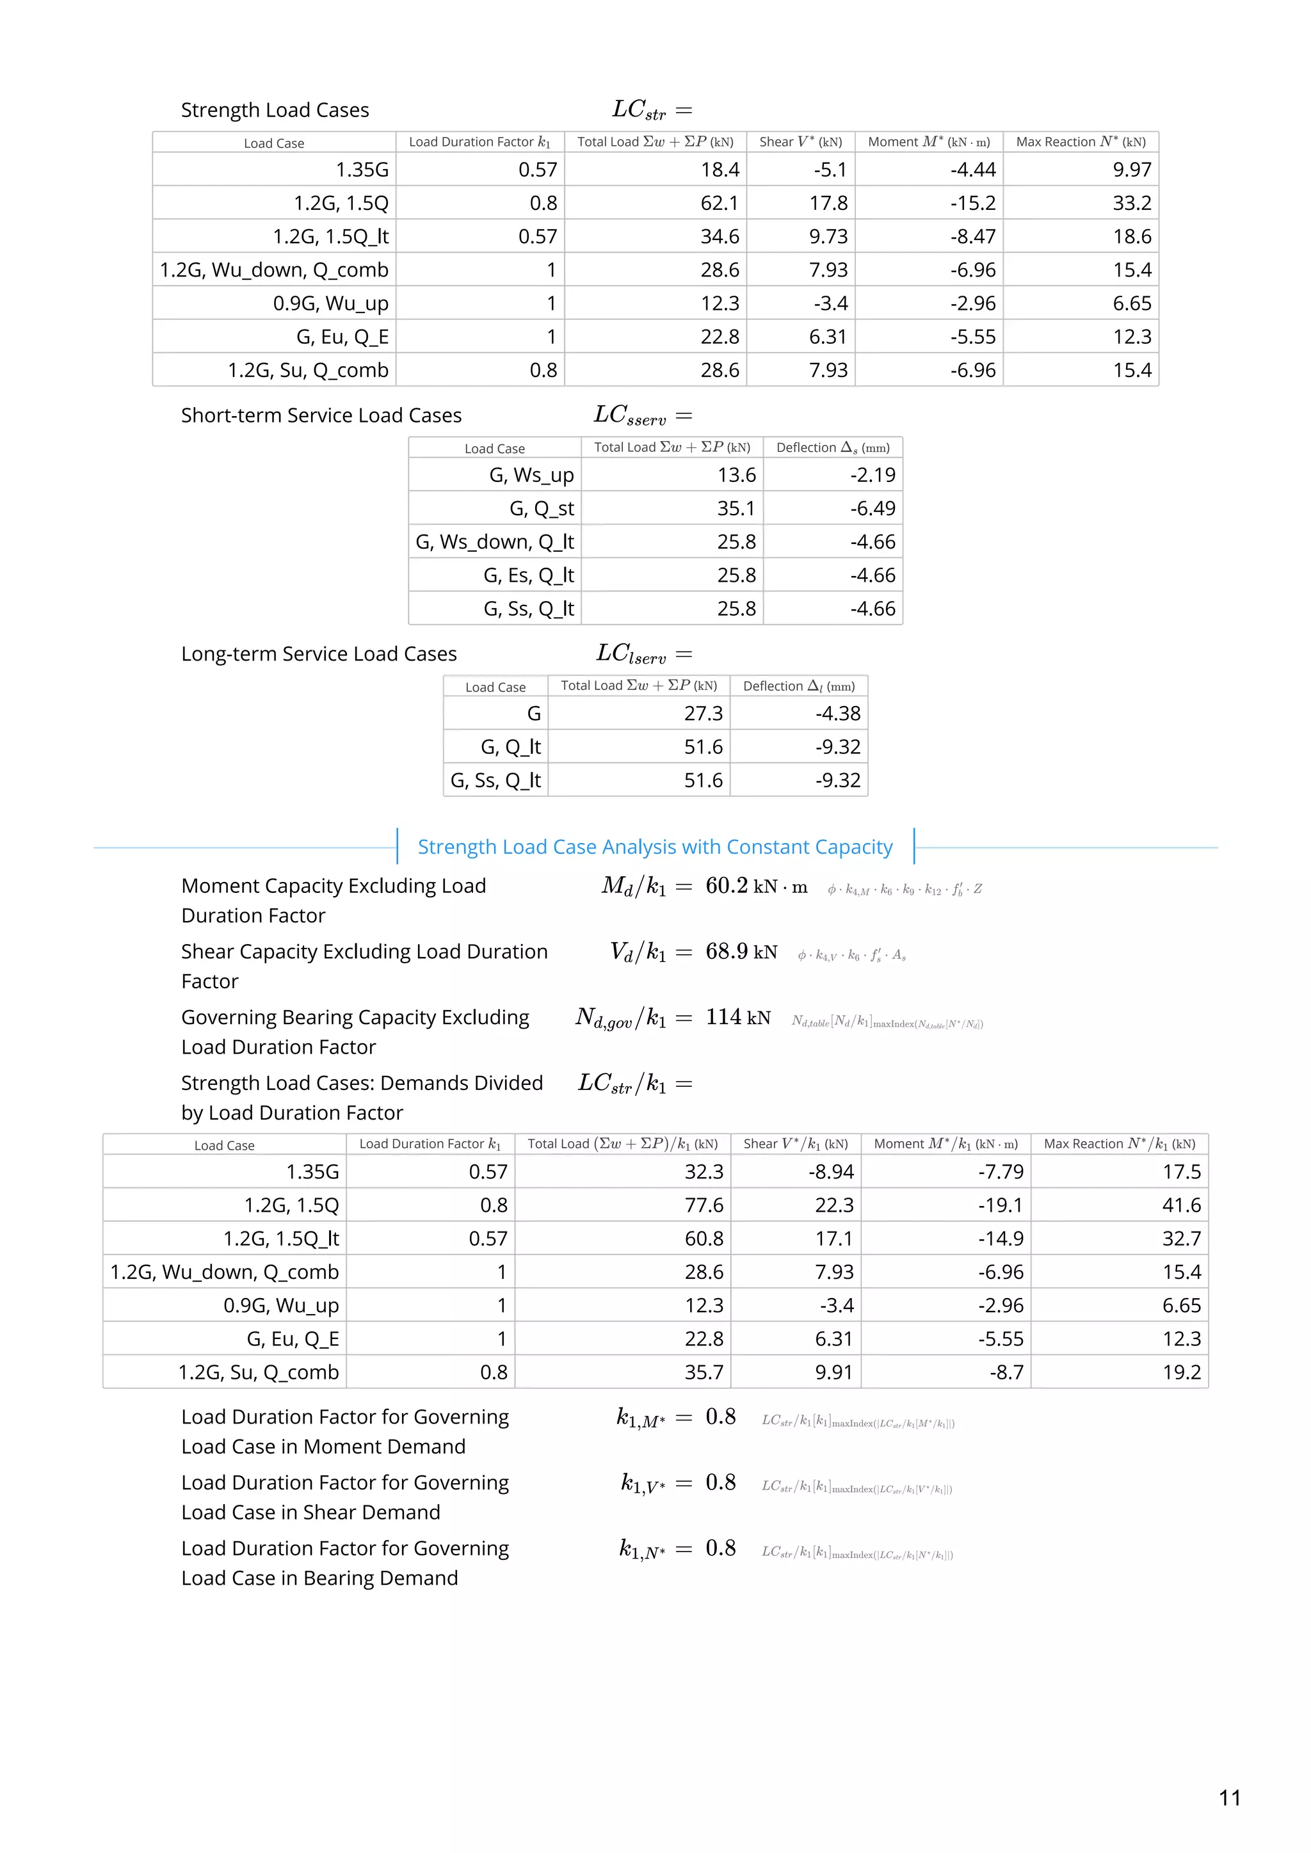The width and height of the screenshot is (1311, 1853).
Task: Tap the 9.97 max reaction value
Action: click(x=1131, y=170)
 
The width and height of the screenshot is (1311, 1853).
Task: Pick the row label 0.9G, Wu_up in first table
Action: click(x=330, y=303)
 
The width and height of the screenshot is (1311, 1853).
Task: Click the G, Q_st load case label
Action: click(x=541, y=508)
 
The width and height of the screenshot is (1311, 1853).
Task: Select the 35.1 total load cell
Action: click(x=736, y=508)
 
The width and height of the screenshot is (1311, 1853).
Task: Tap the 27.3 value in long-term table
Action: click(x=703, y=714)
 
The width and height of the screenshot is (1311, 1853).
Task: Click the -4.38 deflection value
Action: click(x=837, y=714)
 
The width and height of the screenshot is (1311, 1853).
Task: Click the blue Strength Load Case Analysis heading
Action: click(x=655, y=847)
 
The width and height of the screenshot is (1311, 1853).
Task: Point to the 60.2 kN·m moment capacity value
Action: click(x=755, y=886)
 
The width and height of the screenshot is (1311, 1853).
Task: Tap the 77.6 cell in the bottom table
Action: click(x=703, y=1205)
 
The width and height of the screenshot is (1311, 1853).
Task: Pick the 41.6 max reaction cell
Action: click(x=1181, y=1205)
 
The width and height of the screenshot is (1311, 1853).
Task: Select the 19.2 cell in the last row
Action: click(x=1181, y=1372)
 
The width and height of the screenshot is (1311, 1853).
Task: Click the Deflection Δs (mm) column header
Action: click(x=832, y=448)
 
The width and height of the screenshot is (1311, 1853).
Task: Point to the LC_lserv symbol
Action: click(x=631, y=654)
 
